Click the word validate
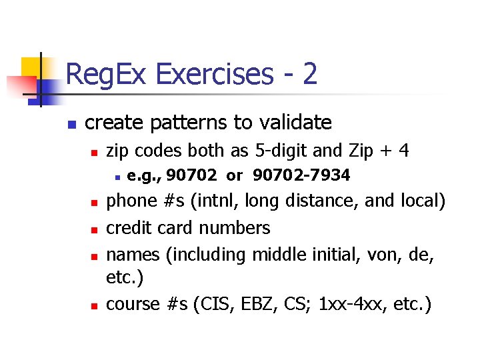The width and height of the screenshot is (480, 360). pos(294,123)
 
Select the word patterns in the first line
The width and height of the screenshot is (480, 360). pos(188,123)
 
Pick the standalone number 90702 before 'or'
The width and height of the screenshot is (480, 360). pos(191,175)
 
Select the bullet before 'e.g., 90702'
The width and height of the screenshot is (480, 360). pos(117,177)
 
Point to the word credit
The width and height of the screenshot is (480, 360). pos(129,227)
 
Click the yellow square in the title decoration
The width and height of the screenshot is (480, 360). pos(31,67)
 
